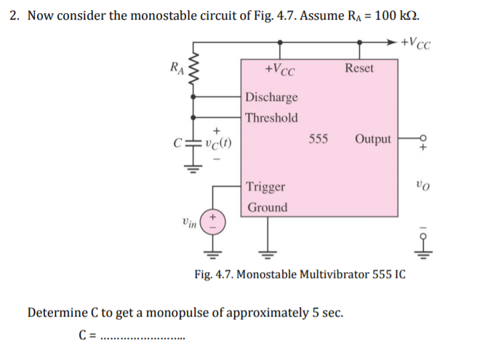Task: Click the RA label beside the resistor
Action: pyautogui.click(x=175, y=68)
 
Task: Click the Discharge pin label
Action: pyautogui.click(x=271, y=97)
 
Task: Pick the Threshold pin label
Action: pyautogui.click(x=271, y=118)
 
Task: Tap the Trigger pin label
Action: pyautogui.click(x=266, y=187)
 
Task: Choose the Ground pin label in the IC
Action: pyautogui.click(x=268, y=207)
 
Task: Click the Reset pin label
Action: pyautogui.click(x=359, y=68)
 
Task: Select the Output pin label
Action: pyautogui.click(x=373, y=139)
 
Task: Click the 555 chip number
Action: pyautogui.click(x=318, y=138)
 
